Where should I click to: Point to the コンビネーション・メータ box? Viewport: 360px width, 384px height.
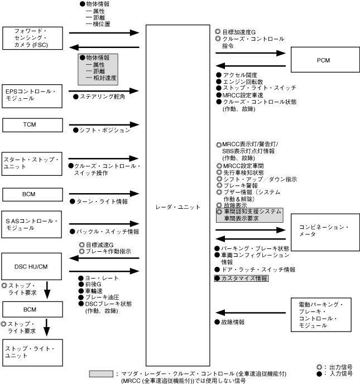(323, 231)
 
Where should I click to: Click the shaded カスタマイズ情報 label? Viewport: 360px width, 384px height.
(242, 278)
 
